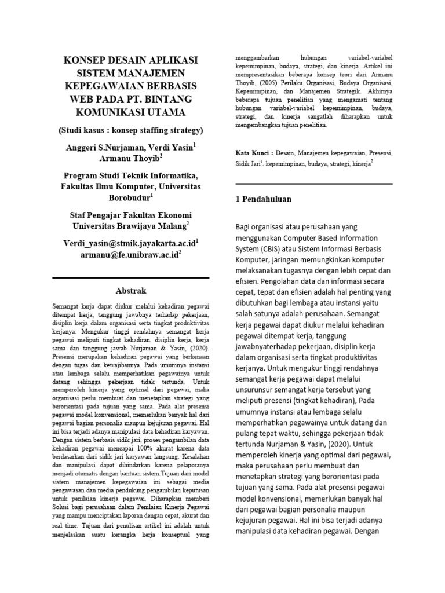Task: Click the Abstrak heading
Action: (131, 291)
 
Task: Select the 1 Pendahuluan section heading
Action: (262, 199)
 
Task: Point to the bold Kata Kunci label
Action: (253, 153)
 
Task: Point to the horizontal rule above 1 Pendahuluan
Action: (313, 184)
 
